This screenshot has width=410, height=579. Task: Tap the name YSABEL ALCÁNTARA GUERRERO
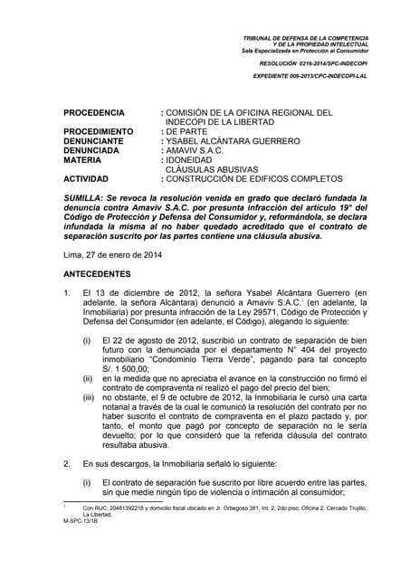232,142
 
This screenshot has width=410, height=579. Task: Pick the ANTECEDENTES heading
98,273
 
